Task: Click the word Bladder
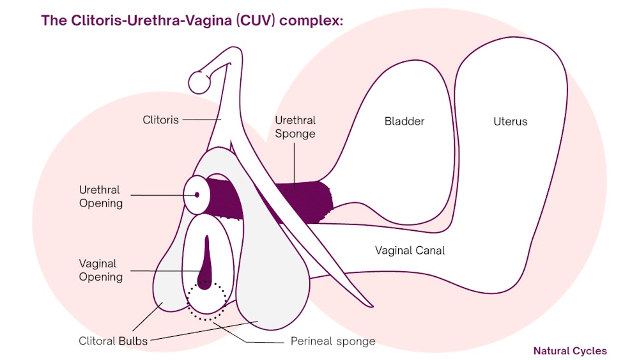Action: [404, 121]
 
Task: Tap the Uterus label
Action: [511, 121]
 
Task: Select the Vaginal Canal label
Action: [410, 250]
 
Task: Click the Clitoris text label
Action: [160, 120]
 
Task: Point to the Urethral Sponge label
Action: [295, 127]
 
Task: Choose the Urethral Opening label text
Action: [100, 196]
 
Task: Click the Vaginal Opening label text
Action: [100, 270]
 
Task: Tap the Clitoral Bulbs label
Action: [113, 341]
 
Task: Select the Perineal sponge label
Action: [333, 341]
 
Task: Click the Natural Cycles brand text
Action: [570, 350]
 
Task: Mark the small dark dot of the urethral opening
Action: [197, 194]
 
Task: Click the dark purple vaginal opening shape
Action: [205, 269]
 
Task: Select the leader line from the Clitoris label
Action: [201, 120]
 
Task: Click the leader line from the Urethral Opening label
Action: [157, 195]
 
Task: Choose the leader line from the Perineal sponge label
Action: [256, 339]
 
